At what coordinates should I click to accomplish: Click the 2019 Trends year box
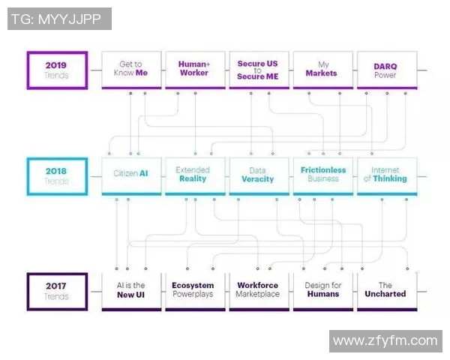point(56,70)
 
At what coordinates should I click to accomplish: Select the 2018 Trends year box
point(56,176)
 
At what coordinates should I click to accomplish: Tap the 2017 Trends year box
point(56,290)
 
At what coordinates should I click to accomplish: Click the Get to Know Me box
point(130,70)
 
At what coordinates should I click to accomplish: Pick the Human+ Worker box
point(194,70)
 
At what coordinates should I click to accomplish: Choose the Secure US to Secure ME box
point(257,70)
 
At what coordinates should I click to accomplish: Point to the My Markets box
point(321,70)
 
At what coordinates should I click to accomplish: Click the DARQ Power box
point(385,70)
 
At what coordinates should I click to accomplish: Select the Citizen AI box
point(130,176)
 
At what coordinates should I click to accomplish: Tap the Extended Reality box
point(194,176)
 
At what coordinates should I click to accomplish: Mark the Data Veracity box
point(257,176)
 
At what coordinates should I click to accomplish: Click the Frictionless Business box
point(322,176)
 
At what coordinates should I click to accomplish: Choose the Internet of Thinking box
point(385,176)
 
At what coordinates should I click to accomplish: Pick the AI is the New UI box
point(130,290)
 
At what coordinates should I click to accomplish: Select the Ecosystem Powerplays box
point(194,290)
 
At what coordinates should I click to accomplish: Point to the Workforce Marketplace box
point(257,290)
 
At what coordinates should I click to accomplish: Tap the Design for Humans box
point(322,290)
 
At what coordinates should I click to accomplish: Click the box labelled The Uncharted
point(385,290)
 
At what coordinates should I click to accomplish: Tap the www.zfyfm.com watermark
point(385,341)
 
